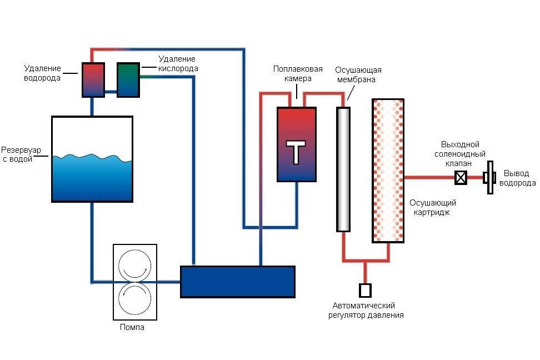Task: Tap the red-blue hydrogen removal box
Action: (93, 80)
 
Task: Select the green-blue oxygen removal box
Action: (128, 80)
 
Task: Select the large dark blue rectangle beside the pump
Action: (238, 282)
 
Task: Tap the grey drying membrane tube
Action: (344, 169)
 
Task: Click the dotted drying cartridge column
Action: (388, 171)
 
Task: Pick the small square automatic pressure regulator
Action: (365, 291)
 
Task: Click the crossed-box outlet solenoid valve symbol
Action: (461, 178)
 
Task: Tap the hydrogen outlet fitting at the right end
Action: (489, 178)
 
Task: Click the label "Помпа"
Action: (132, 327)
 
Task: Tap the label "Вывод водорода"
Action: (517, 178)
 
